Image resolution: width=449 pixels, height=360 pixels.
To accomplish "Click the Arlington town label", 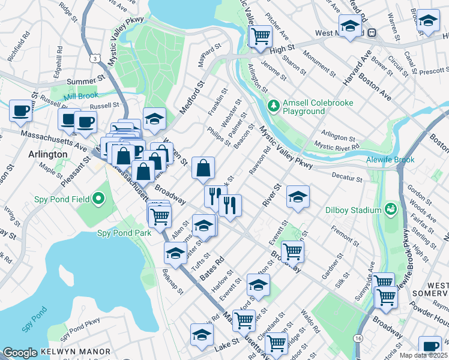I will [x=48, y=154].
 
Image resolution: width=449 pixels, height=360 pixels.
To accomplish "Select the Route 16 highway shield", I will [x=358, y=340].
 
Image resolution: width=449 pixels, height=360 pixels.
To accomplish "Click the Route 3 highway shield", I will [x=95, y=58].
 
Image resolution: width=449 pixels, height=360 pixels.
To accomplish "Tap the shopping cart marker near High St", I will [x=261, y=37].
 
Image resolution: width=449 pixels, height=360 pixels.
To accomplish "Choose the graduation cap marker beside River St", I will [x=298, y=197].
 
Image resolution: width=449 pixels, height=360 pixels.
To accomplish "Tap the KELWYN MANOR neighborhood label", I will [x=76, y=352].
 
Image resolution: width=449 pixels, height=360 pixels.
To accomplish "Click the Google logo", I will [x=20, y=353].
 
